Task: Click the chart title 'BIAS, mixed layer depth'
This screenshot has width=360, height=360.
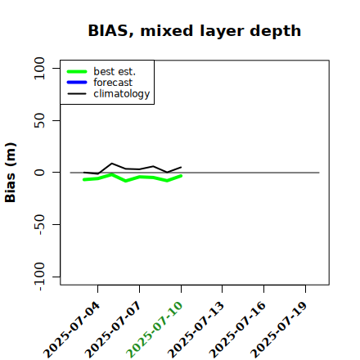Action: click(x=195, y=30)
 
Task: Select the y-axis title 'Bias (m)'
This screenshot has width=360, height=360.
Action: click(x=11, y=173)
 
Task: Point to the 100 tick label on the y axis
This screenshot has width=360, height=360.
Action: click(x=39, y=68)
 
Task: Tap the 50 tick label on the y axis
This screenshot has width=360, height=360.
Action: click(x=39, y=120)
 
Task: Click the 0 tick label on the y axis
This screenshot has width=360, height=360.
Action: click(x=39, y=173)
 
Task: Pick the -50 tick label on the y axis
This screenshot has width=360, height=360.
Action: click(x=39, y=224)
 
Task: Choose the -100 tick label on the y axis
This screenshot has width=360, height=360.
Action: click(x=39, y=277)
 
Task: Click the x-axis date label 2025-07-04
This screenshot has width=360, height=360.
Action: click(x=72, y=330)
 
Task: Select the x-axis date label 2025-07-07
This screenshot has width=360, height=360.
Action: click(x=114, y=330)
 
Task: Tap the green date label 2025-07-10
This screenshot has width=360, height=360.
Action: click(x=155, y=330)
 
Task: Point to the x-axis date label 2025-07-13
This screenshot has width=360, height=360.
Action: click(x=196, y=330)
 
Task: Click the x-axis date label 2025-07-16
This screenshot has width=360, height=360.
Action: click(x=237, y=330)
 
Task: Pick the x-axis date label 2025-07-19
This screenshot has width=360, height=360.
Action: click(x=279, y=330)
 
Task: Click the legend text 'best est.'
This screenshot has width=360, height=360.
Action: click(x=115, y=71)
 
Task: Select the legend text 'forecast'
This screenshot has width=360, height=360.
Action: click(x=113, y=83)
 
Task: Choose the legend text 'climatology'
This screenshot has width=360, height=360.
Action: click(x=122, y=94)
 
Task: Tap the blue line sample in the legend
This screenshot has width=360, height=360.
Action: click(x=77, y=83)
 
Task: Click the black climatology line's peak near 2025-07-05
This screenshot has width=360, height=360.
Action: click(x=112, y=164)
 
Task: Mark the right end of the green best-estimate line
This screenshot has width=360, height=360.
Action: click(x=181, y=176)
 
